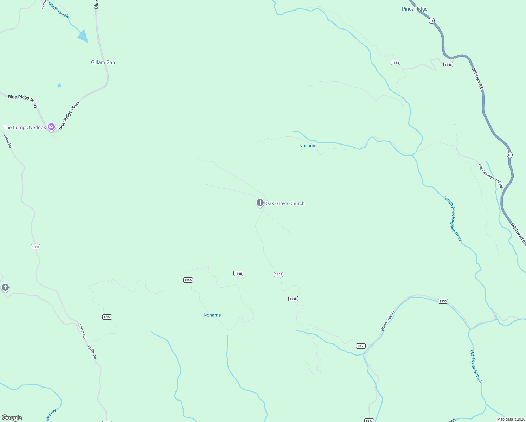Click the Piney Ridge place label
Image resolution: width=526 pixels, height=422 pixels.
[415, 9]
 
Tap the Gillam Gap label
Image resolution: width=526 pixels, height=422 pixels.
[103, 63]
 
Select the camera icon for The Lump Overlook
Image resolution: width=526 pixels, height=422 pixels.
[51, 127]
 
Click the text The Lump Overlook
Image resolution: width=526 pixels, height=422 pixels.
[25, 127]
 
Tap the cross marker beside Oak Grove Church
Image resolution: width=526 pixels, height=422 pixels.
[260, 203]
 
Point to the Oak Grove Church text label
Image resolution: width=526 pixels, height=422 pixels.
[285, 203]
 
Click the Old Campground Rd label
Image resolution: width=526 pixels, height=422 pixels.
[490, 175]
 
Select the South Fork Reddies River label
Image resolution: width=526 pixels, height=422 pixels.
[453, 219]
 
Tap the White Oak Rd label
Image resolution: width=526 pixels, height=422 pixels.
[388, 321]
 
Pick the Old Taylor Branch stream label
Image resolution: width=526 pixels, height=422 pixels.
[476, 366]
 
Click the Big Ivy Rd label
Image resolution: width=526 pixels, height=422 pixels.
[91, 351]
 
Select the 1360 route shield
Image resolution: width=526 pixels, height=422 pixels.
[36, 247]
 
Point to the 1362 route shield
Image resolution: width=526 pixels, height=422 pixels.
[107, 317]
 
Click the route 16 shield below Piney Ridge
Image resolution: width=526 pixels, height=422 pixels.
[431, 21]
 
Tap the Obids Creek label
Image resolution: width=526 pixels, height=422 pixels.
[58, 9]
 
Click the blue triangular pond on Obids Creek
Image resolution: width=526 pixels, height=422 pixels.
[83, 36]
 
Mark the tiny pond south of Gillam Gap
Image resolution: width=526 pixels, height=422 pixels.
[59, 85]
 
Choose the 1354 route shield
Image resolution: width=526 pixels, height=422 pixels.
[369, 420]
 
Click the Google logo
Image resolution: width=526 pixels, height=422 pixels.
[12, 418]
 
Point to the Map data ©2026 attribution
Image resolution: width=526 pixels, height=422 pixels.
[510, 419]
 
